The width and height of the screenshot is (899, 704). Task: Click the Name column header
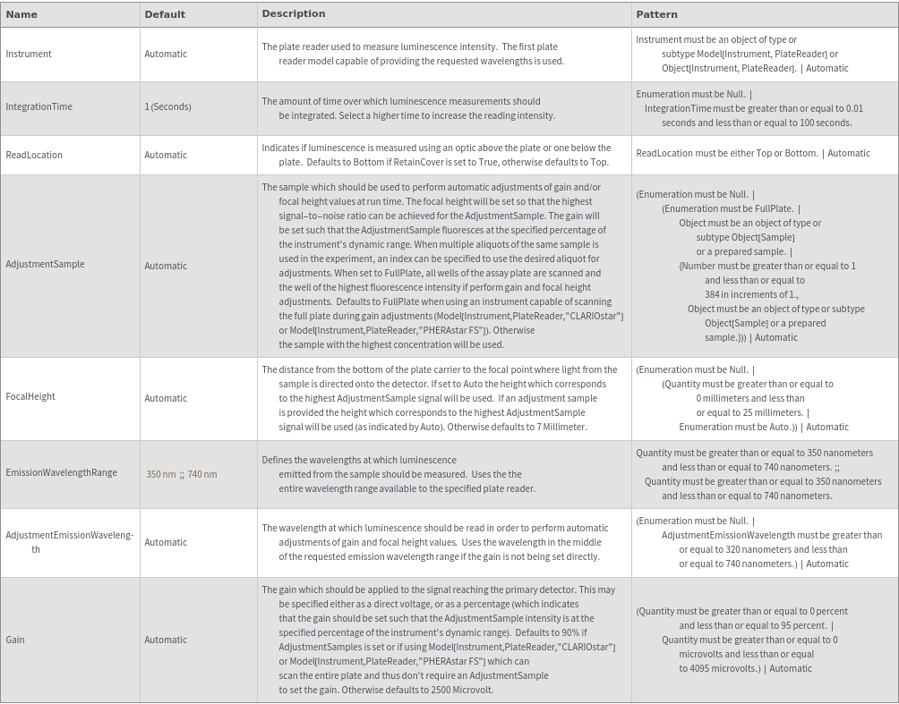[21, 14]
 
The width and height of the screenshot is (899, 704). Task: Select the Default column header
[165, 14]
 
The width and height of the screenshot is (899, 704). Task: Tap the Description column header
[294, 13]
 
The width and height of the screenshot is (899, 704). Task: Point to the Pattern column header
[656, 14]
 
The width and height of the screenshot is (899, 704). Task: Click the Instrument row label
[29, 54]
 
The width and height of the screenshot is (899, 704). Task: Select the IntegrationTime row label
[39, 106]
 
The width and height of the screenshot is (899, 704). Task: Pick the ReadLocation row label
[34, 155]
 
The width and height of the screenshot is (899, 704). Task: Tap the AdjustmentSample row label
[45, 264]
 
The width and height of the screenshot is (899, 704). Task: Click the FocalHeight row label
[30, 396]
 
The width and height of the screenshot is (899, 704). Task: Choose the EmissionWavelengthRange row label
[61, 472]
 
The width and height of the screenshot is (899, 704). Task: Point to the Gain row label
[15, 640]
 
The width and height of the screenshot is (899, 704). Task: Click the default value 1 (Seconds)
[167, 106]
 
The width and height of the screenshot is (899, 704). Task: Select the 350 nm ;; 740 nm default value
[182, 474]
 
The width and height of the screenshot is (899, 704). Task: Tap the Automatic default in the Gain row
[166, 640]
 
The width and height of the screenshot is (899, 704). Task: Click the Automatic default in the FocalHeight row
[166, 398]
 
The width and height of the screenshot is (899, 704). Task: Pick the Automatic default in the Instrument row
[166, 54]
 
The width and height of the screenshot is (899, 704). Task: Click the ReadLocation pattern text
[752, 153]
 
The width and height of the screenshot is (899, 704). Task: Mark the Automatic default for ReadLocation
[166, 155]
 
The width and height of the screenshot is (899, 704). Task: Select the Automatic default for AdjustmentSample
[166, 266]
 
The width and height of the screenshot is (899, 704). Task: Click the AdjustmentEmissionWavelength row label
[69, 541]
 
